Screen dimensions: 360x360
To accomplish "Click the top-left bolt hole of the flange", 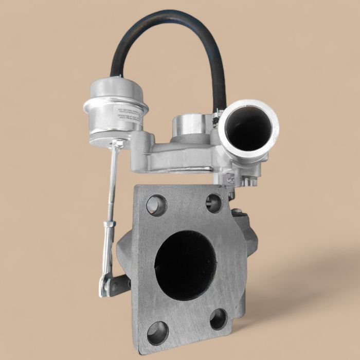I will tap(156, 205).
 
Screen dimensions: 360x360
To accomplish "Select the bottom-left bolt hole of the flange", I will tap(157, 333).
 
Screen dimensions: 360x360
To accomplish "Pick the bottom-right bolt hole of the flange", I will tap(219, 319).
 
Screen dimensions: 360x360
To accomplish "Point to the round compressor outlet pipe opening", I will tap(248, 129).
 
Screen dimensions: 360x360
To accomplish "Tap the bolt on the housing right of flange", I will tap(236, 211).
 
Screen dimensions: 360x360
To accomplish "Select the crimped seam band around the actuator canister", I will tap(115, 106).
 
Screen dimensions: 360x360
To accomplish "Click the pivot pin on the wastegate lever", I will tap(104, 292).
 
